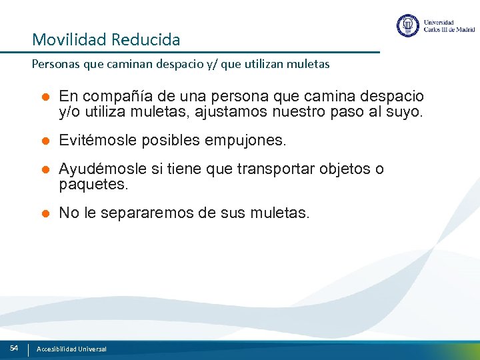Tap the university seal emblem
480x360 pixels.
tap(408, 26)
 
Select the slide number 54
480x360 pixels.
tap(14, 348)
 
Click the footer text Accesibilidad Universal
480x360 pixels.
tap(71, 349)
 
